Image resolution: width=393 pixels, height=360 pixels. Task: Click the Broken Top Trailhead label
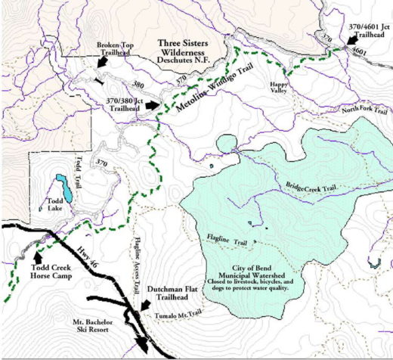[116, 50]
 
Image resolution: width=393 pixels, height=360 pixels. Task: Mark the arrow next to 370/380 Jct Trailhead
[154, 105]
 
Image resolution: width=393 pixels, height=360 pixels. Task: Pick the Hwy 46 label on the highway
[88, 259]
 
